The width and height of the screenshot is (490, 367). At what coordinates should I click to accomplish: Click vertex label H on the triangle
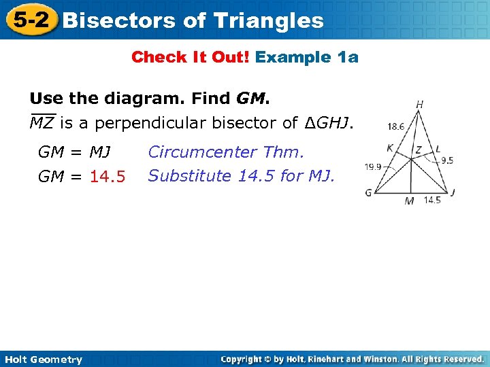click(420, 104)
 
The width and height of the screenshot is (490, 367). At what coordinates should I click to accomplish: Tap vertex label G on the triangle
click(368, 193)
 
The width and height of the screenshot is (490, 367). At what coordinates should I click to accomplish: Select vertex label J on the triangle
click(453, 192)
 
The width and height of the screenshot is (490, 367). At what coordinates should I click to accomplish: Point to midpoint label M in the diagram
click(408, 201)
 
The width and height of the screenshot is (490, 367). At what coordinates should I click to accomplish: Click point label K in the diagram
click(389, 147)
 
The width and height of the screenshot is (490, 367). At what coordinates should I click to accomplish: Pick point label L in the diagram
click(438, 147)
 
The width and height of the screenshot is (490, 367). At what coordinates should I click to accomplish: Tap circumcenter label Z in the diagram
click(419, 149)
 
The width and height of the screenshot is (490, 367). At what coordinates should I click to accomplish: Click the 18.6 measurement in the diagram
click(395, 126)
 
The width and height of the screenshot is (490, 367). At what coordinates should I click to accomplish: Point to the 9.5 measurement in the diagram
click(447, 161)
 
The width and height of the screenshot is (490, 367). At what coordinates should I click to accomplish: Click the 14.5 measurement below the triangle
click(431, 200)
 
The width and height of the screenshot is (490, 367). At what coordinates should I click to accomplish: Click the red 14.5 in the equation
click(108, 177)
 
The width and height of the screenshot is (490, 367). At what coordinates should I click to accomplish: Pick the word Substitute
click(190, 176)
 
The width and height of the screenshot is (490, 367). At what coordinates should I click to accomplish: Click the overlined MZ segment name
click(42, 123)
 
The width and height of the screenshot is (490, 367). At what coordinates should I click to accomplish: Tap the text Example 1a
click(306, 57)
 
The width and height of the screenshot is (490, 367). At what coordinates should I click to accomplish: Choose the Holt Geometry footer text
click(42, 360)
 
